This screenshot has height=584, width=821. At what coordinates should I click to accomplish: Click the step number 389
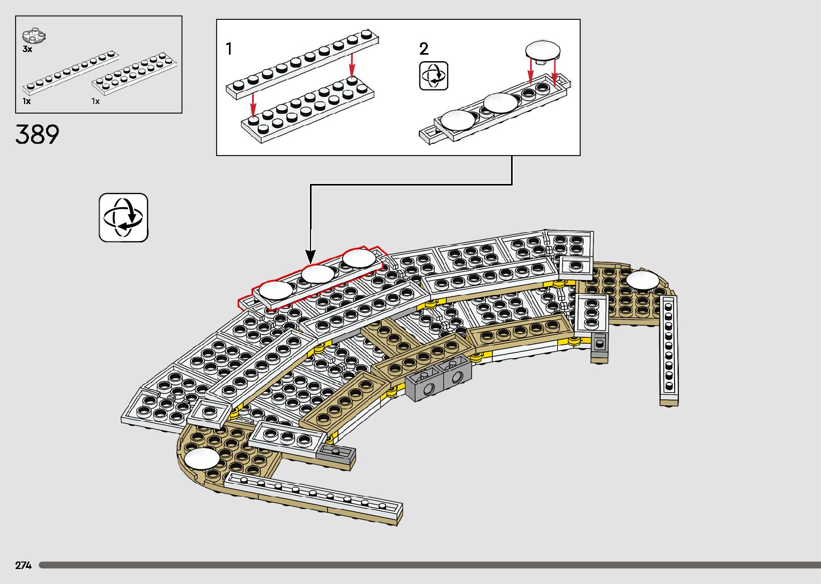pyautogui.click(x=37, y=135)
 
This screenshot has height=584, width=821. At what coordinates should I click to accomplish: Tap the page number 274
pyautogui.click(x=23, y=565)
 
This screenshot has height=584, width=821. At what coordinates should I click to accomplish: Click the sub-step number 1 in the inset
pyautogui.click(x=229, y=49)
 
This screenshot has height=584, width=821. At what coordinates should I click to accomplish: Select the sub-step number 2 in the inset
pyautogui.click(x=424, y=49)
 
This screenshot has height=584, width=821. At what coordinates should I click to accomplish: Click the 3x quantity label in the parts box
pyautogui.click(x=27, y=49)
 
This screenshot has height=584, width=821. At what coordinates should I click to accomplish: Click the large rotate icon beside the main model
pyautogui.click(x=123, y=218)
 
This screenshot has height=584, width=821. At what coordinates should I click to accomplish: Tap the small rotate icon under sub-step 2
pyautogui.click(x=433, y=76)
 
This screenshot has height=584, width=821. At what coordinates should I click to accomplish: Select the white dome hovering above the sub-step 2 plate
pyautogui.click(x=543, y=51)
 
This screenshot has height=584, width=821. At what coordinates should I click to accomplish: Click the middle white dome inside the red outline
pyautogui.click(x=317, y=275)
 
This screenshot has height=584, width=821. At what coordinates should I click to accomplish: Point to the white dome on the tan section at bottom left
pyautogui.click(x=202, y=459)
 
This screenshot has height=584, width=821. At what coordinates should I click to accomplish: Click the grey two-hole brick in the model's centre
pyautogui.click(x=439, y=379)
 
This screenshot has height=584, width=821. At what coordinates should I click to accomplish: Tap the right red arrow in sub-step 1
pyautogui.click(x=352, y=64)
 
